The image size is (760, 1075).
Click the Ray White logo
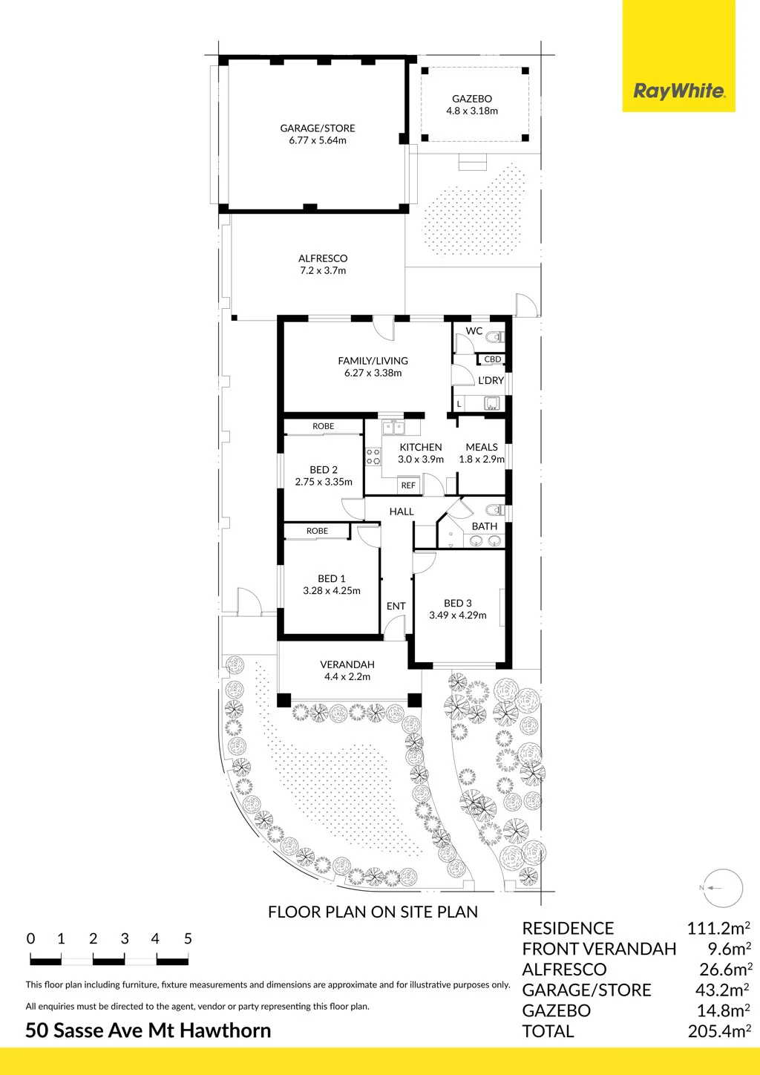point(678,91)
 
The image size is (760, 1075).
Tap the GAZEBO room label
point(471,99)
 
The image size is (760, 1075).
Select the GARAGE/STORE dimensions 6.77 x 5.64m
point(318,140)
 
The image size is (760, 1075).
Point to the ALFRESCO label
point(323,258)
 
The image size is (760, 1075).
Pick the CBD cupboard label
point(492,359)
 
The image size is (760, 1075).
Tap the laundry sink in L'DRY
point(491,403)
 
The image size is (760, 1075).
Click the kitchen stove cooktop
point(373,457)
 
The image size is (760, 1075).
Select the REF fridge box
point(408,486)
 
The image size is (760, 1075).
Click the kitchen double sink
point(393,427)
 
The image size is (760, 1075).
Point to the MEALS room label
point(482,447)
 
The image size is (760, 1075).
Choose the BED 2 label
point(324,470)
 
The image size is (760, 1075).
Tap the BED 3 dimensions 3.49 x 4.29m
point(458,615)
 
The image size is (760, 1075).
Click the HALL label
point(402,512)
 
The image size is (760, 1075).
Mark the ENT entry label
point(396,606)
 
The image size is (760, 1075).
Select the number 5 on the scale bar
point(188,938)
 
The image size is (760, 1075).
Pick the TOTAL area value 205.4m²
point(720,1031)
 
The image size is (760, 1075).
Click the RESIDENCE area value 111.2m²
point(718,928)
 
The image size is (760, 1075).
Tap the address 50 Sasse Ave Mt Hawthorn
point(148,1030)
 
